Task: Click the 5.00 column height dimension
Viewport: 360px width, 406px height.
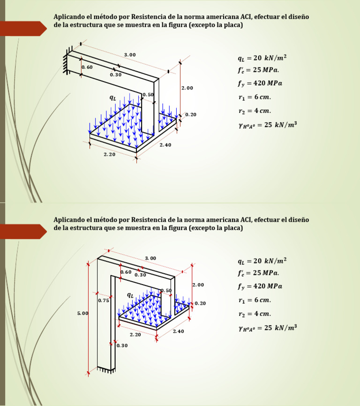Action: click(82, 313)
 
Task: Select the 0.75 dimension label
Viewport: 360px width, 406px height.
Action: click(104, 301)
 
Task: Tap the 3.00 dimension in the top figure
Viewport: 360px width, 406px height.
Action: click(130, 55)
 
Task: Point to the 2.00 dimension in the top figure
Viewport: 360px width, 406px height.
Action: click(187, 88)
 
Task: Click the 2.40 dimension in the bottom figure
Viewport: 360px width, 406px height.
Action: click(178, 331)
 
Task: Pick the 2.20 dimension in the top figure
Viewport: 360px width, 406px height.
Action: click(109, 154)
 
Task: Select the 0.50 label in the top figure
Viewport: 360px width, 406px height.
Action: click(148, 95)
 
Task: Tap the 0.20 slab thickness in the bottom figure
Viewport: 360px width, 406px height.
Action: click(200, 303)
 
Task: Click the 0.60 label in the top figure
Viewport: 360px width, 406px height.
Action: click(87, 67)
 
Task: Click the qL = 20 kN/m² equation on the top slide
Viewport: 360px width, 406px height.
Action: click(262, 58)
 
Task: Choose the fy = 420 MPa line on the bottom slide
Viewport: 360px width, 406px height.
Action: click(260, 286)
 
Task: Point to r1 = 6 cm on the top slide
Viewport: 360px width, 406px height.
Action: click(255, 98)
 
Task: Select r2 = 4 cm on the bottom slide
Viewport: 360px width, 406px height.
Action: click(255, 314)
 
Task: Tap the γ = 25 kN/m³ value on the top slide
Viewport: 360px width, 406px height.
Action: click(268, 125)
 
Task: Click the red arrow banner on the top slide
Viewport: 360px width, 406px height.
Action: click(23, 29)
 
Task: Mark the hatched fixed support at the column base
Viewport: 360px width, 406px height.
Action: click(106, 370)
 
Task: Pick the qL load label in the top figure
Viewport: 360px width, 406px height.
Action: click(112, 98)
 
